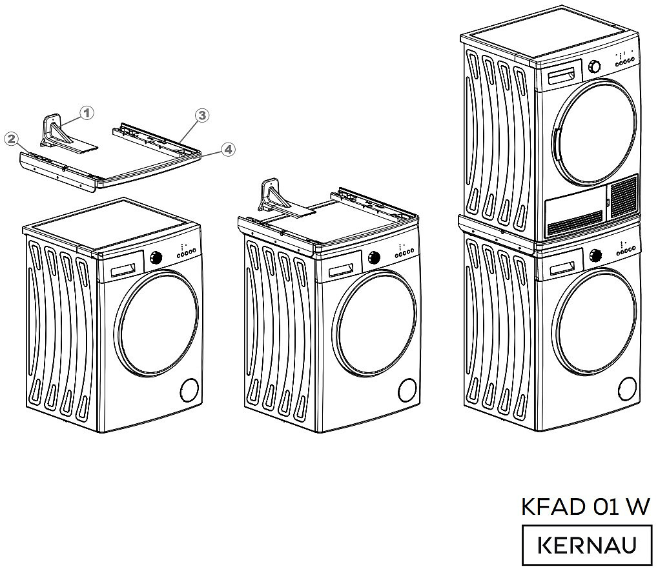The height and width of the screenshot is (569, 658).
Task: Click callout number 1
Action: (87, 112)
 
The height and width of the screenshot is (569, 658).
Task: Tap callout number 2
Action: (10, 138)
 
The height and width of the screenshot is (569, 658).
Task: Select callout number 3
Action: (202, 115)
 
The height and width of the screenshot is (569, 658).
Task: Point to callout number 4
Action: (227, 150)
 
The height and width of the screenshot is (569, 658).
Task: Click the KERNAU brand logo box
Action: (586, 545)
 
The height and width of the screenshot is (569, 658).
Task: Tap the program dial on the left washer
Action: (155, 258)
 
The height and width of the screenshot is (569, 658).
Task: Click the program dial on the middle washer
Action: (374, 258)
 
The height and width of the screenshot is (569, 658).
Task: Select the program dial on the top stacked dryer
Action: (595, 66)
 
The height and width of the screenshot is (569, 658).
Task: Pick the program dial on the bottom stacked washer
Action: (595, 255)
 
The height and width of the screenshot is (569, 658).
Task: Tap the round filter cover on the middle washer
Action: (407, 390)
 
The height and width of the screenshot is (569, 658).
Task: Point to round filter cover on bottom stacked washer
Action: (626, 388)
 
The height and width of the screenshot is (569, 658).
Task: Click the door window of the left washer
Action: (157, 324)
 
